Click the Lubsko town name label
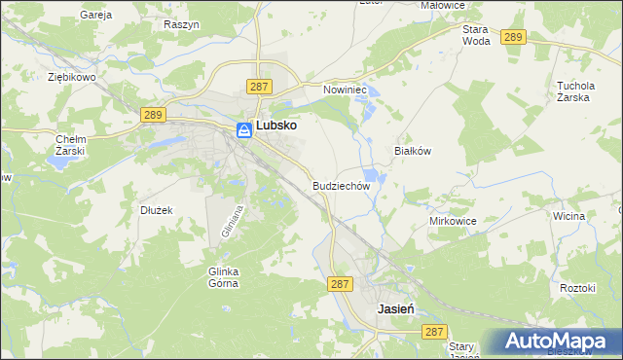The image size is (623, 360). click(x=276, y=126)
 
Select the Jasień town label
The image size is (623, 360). click(x=396, y=307)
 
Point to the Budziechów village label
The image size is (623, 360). click(x=342, y=185)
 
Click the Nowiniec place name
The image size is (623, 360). click(x=343, y=89)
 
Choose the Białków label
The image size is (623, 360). click(x=412, y=152)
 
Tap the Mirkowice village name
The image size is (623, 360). click(x=453, y=221)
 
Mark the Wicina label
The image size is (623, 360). click(x=568, y=216)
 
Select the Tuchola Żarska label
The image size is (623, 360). click(x=574, y=90)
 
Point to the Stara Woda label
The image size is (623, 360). click(x=475, y=35)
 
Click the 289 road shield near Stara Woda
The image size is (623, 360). click(x=514, y=37)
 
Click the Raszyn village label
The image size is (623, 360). click(x=182, y=23)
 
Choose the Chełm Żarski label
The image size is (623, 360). click(x=70, y=145)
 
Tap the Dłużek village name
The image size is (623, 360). click(x=156, y=209)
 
